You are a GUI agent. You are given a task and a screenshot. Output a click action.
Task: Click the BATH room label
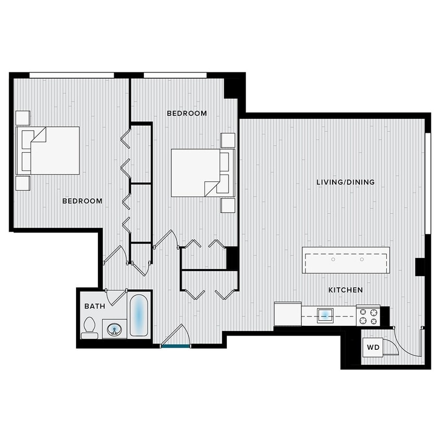94,306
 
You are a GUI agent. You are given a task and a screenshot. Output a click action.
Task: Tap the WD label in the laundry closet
373,347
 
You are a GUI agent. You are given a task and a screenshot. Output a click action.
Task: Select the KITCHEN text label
346,290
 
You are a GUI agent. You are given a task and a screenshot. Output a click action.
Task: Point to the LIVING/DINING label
346,182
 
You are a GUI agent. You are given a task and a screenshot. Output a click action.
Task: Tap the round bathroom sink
114,329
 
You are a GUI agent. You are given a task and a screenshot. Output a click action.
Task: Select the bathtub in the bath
139,316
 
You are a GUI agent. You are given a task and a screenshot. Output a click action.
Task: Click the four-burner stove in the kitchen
368,315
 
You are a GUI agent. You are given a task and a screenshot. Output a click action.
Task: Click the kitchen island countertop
346,260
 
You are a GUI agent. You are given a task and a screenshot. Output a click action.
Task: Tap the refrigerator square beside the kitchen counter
287,314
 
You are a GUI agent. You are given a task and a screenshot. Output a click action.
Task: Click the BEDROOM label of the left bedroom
82,201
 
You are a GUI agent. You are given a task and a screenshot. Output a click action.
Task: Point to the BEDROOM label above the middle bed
187,113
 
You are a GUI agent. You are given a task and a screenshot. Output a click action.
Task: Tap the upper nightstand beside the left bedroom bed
22,118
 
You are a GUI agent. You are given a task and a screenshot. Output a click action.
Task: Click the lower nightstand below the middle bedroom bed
228,205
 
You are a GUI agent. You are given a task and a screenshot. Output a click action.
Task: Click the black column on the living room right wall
420,266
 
